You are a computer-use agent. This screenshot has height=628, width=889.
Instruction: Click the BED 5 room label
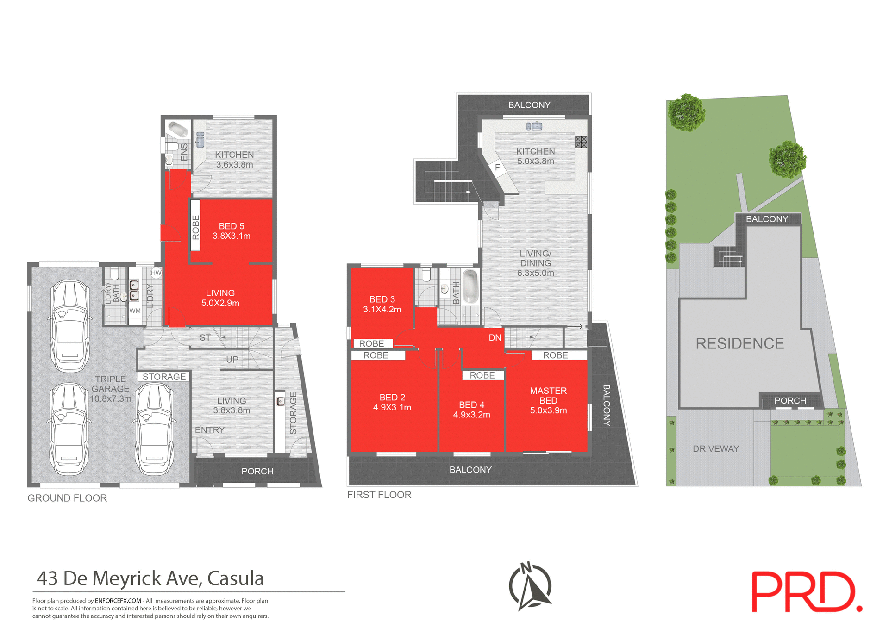pos(231,226)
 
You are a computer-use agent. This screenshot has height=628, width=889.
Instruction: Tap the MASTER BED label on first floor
pos(548,396)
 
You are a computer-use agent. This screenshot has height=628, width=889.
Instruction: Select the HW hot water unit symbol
pos(156,273)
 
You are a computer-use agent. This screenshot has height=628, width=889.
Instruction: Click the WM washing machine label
pos(135,311)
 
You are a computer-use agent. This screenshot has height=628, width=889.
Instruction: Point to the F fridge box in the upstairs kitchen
pos(497,168)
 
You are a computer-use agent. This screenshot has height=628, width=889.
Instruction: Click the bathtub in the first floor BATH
pos(470,286)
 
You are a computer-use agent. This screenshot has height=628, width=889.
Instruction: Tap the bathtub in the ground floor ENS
pos(178,130)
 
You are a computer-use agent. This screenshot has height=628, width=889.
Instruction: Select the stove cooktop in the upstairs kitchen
pos(581,142)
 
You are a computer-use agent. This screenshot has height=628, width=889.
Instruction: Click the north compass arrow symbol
pos(531,586)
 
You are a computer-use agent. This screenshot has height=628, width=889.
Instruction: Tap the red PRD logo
pos(806,592)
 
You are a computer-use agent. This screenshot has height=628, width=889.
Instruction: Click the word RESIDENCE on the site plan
pos(739,343)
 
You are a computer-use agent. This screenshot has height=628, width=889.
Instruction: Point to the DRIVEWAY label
pos(715,448)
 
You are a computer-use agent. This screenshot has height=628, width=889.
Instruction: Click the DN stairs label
pos(495,337)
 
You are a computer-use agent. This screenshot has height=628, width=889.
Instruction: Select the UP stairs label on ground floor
pos(232,360)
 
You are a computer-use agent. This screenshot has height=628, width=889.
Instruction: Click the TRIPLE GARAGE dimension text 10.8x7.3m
pos(111,398)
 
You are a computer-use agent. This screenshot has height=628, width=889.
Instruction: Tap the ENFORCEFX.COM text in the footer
pos(118,601)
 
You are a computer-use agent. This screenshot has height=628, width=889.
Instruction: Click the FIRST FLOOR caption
pos(379,495)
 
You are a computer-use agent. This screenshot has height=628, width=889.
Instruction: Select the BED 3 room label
pos(382,299)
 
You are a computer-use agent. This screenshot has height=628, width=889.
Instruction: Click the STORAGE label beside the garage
pos(164,377)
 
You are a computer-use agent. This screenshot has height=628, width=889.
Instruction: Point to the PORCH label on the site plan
pos(790,400)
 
